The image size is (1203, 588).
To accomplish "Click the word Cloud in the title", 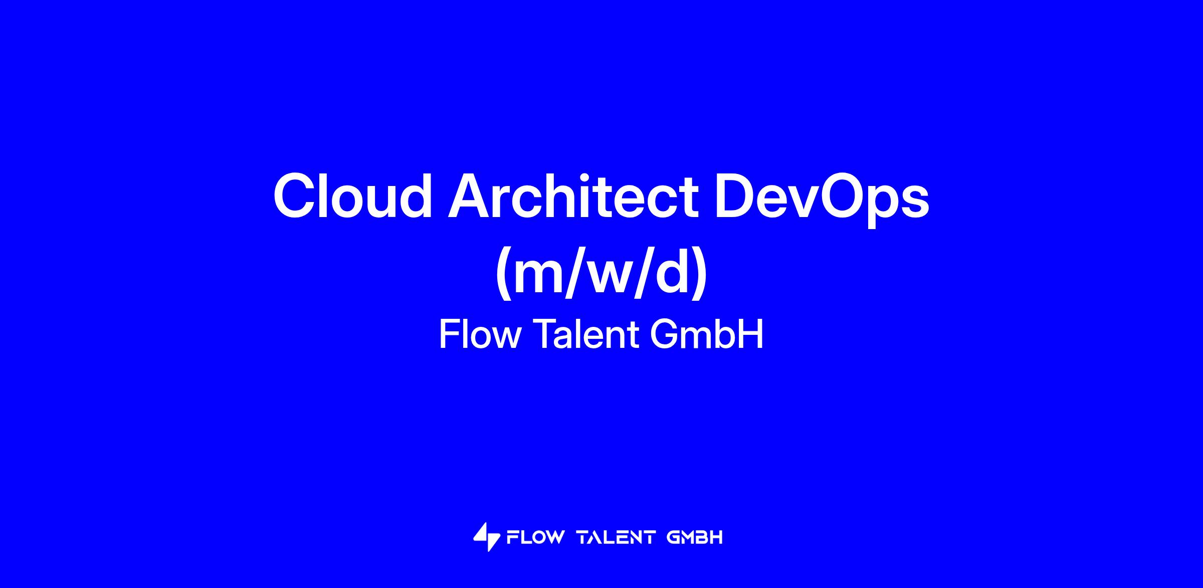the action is (x=352, y=195).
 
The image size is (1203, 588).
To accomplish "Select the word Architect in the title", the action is (x=573, y=195).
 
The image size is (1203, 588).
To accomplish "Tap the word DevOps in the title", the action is (x=822, y=199).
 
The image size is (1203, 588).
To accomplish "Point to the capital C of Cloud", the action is (x=296, y=196).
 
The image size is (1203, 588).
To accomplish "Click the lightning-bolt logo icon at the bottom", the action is (x=487, y=537).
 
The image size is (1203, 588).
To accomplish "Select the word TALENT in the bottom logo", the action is (x=616, y=538).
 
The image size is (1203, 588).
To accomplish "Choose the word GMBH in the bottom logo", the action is (x=695, y=538).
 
